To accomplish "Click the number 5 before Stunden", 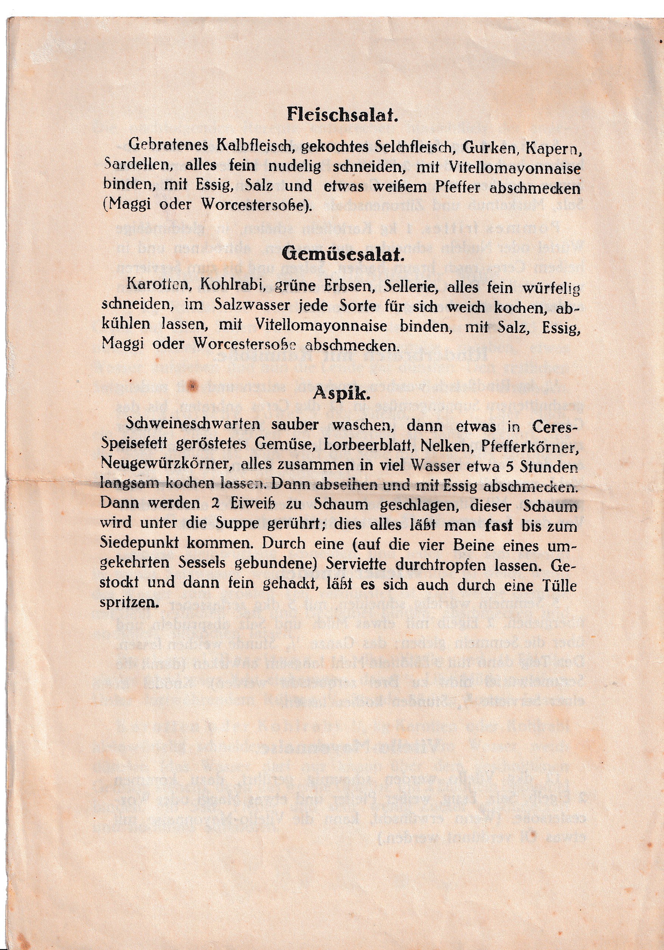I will (x=510, y=467).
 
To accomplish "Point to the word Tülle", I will (x=559, y=585).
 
